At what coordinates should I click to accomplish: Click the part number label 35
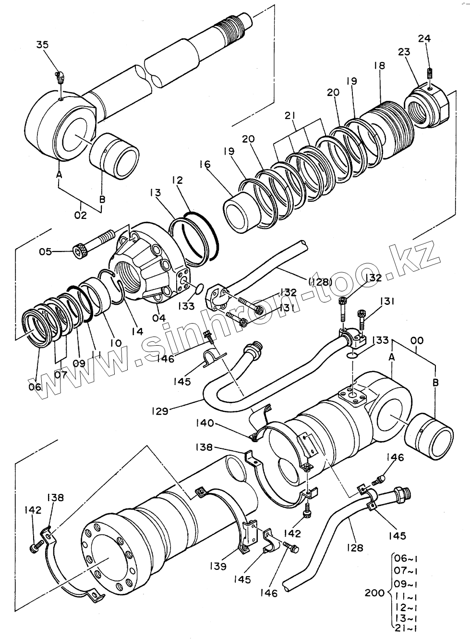[x=43, y=45]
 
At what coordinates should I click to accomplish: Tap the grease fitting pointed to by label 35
[x=60, y=77]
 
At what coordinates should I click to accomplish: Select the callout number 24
[x=424, y=38]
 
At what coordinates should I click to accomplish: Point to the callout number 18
[x=380, y=65]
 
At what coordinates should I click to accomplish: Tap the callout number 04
[x=158, y=317]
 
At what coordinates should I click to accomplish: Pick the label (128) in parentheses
[x=321, y=282]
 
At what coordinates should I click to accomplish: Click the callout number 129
[x=160, y=411]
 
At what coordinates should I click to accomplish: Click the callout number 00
[x=417, y=340]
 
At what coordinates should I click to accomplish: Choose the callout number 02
[x=81, y=215]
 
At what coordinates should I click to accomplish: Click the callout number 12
[x=178, y=180]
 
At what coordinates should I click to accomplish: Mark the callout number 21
[x=290, y=116]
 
